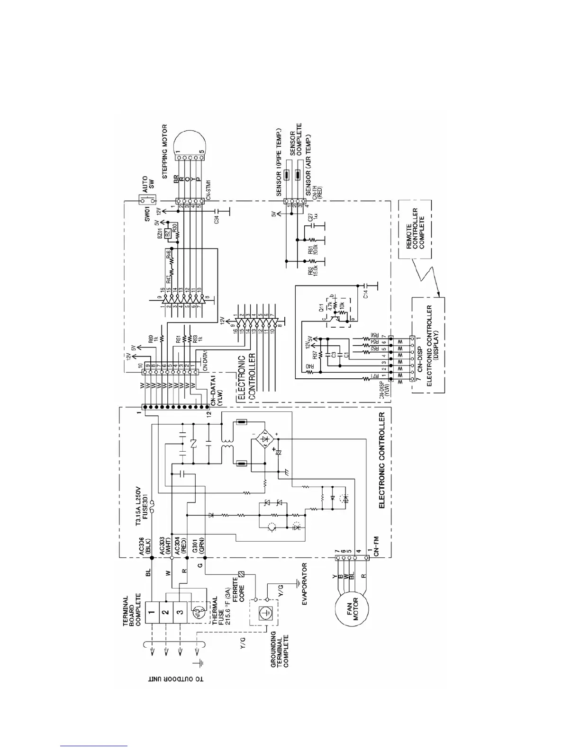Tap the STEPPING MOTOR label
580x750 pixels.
click(x=165, y=150)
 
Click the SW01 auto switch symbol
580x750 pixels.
click(x=142, y=200)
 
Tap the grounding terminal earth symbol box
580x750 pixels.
click(x=264, y=612)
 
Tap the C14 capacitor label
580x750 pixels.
click(x=365, y=295)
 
